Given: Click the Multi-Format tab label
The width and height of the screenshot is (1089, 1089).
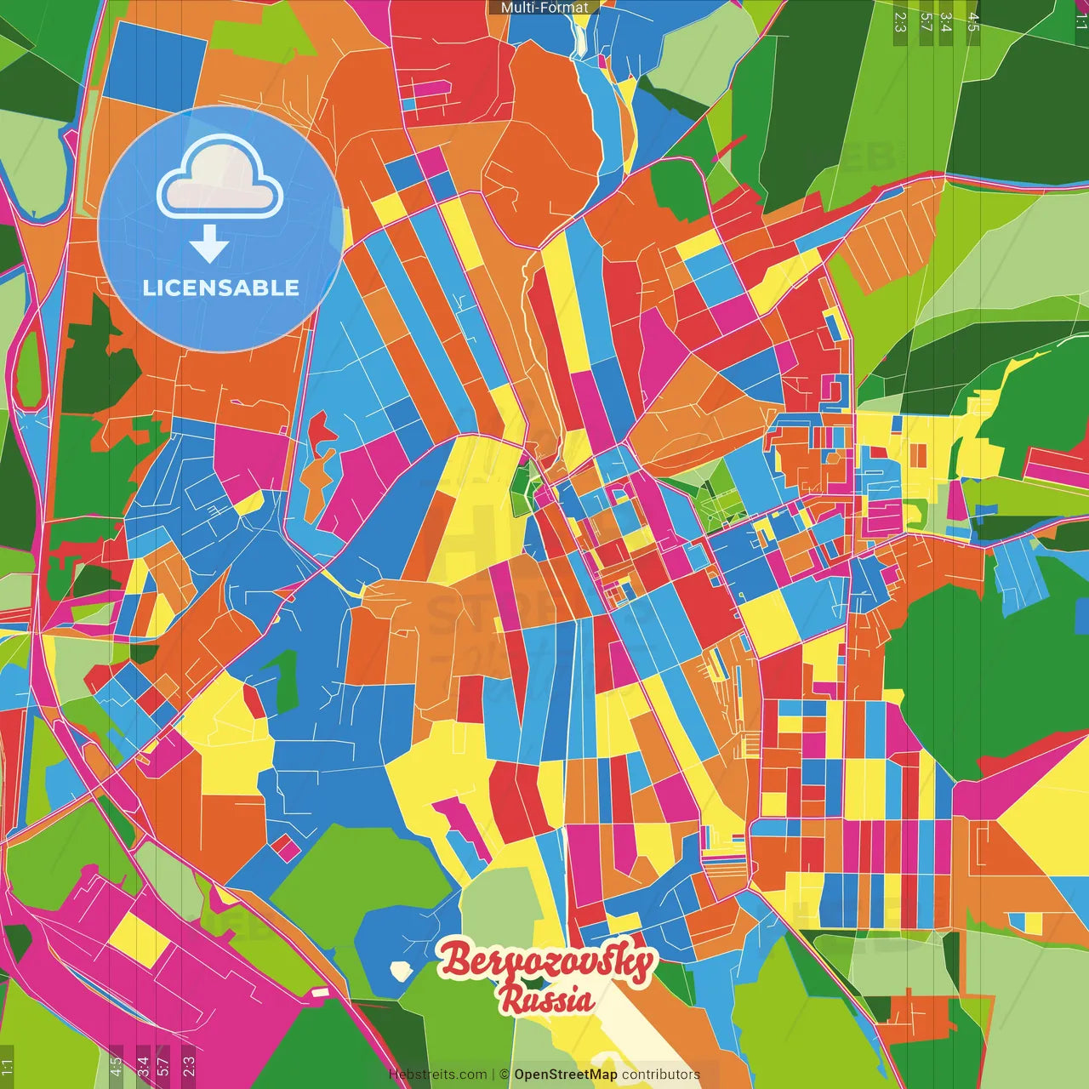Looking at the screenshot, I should (x=544, y=8).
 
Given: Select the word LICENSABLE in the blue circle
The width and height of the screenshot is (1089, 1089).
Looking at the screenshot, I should (x=220, y=288).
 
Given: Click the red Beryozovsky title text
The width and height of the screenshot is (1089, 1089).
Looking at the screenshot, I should (x=548, y=962).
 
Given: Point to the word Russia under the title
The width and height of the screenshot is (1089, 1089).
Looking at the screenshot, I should (x=547, y=1000).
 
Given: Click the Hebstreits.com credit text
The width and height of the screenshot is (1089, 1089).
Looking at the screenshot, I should (x=437, y=1075).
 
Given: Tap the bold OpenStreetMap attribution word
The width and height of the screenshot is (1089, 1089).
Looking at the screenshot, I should (x=566, y=1075).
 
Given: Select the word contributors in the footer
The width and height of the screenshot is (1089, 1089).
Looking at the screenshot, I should (x=661, y=1075).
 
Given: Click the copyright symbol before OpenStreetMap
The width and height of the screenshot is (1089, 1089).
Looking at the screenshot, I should (x=505, y=1075).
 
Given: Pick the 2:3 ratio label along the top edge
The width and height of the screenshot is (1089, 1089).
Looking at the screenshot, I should (x=900, y=21).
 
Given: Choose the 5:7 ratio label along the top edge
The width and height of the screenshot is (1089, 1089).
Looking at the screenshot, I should (x=926, y=21).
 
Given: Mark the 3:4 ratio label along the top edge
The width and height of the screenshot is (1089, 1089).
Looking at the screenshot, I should (x=947, y=21).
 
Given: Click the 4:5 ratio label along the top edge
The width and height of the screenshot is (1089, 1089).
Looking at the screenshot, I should (x=973, y=21).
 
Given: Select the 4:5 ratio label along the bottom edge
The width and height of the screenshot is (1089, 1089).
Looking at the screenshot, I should (x=116, y=1067).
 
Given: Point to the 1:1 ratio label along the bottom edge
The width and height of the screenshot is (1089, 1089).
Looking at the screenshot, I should (x=8, y=1067).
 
